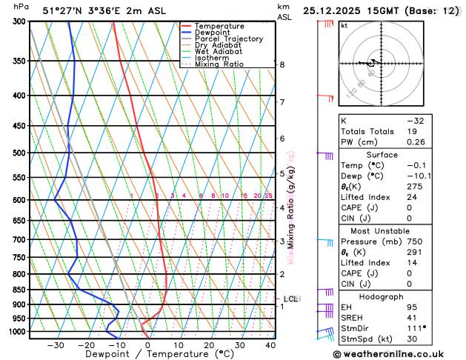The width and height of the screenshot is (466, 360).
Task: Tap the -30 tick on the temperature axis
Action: coord(55,344)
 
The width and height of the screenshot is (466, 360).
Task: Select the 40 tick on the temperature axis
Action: coord(270,344)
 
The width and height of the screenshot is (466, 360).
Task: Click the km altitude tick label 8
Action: coord(282,65)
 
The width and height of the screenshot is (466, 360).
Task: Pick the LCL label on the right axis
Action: coord(290,299)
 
